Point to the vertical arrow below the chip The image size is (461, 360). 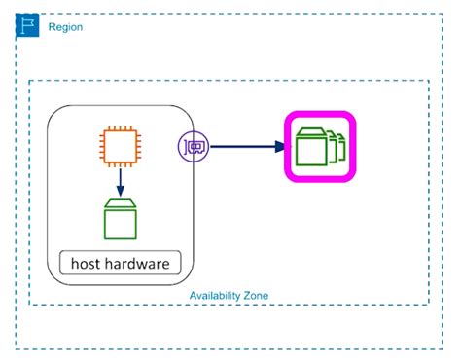tap(119, 180)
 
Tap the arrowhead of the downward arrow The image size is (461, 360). tap(119, 191)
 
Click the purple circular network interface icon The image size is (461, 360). tap(192, 148)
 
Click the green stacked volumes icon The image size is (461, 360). tap(319, 147)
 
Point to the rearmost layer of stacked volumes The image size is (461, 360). tap(340, 147)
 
